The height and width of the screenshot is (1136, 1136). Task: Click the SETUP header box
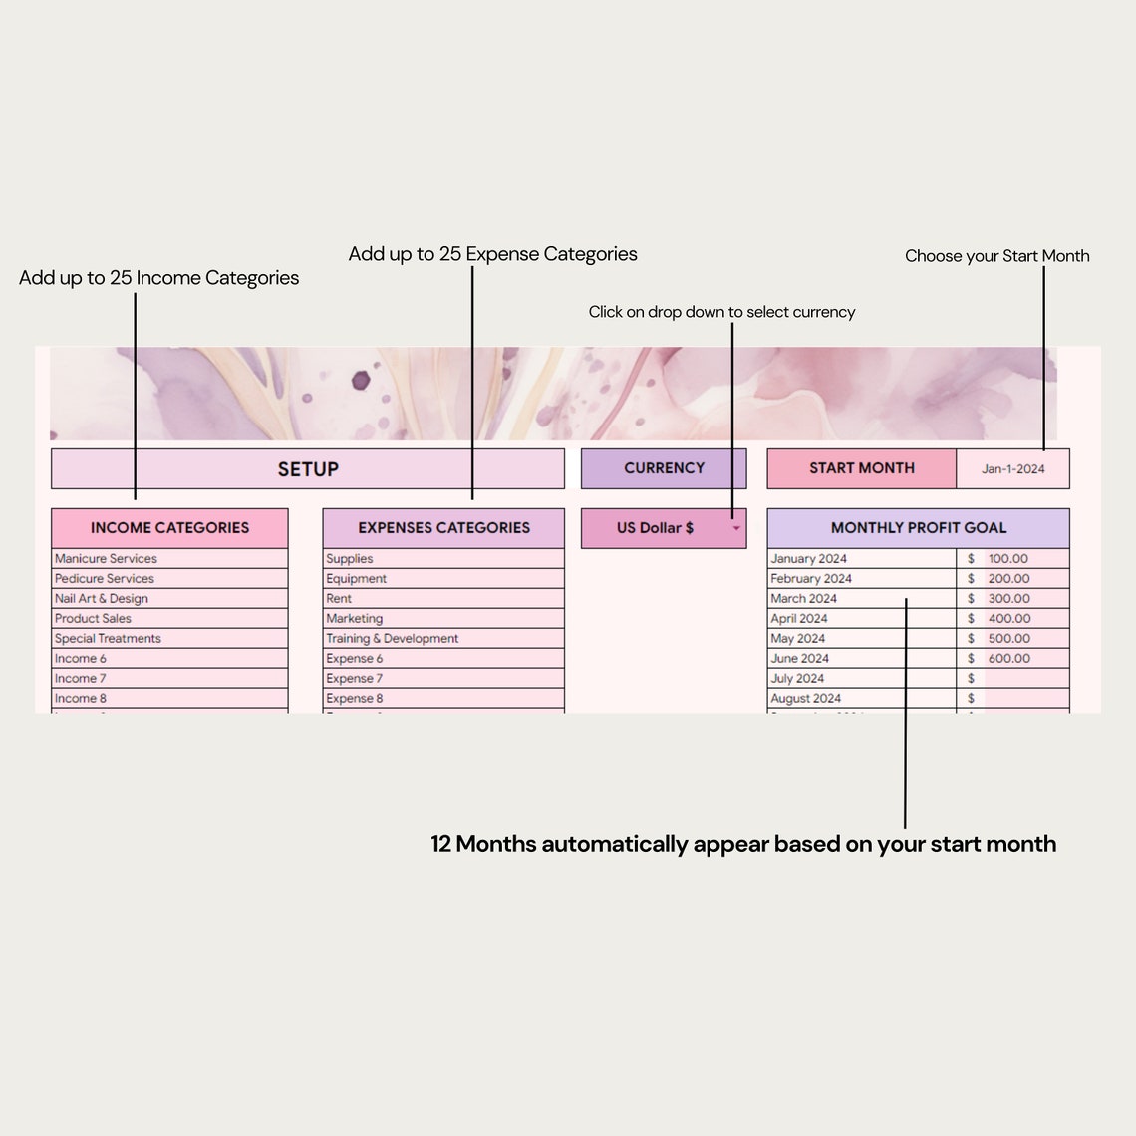click(307, 469)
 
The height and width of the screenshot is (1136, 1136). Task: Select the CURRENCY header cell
click(664, 468)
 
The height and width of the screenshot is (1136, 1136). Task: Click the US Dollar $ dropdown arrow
click(736, 529)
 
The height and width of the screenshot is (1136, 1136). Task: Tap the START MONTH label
click(861, 468)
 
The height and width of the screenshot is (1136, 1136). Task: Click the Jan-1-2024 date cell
click(1012, 469)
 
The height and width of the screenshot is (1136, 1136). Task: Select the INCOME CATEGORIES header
click(169, 528)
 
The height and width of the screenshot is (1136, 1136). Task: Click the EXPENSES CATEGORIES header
click(443, 528)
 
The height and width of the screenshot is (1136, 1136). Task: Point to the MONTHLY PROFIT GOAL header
click(918, 528)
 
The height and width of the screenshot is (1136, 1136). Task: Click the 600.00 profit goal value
click(1008, 659)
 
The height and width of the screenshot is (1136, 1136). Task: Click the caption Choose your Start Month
click(996, 256)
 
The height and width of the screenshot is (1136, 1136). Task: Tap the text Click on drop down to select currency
click(721, 312)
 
